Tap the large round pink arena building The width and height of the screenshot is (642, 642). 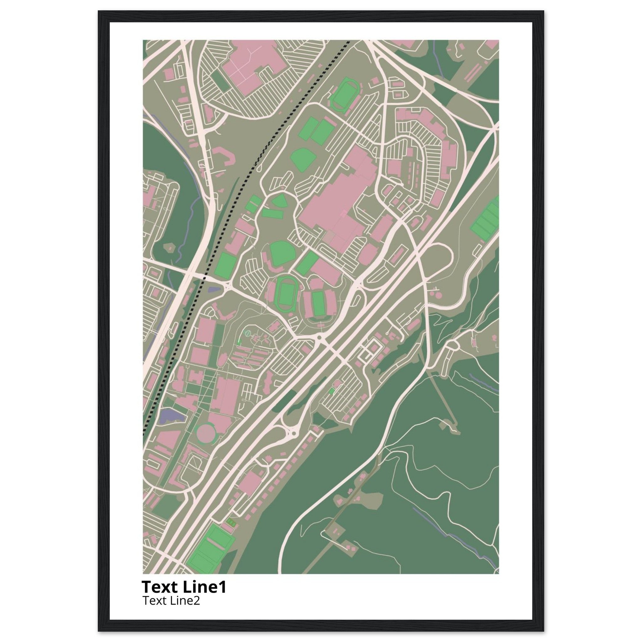tap(205, 433)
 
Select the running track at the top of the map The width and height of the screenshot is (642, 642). tap(343, 90)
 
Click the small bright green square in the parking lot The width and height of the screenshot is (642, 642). tap(331, 391)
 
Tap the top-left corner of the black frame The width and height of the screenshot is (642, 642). tap(99, 12)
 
